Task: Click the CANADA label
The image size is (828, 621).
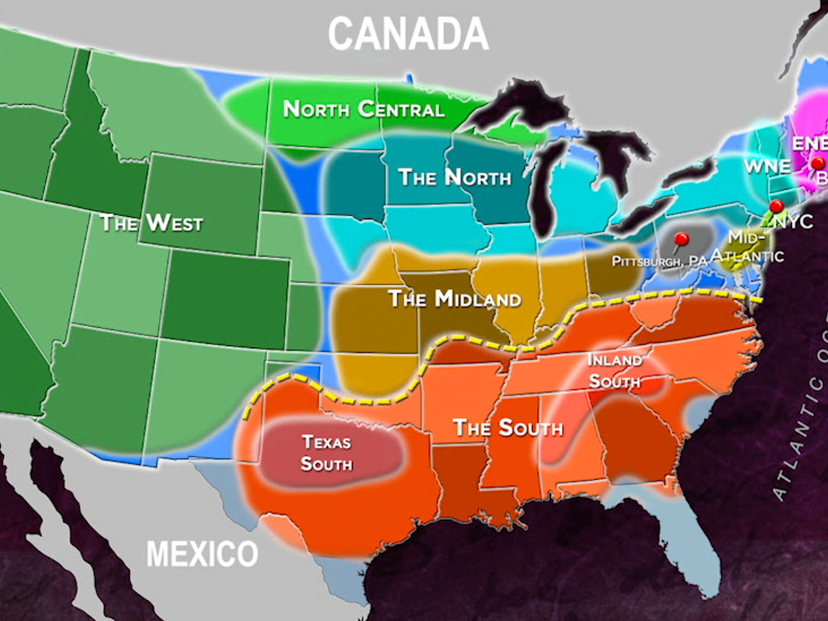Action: pyautogui.click(x=409, y=34)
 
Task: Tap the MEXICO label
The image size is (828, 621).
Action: pyautogui.click(x=202, y=554)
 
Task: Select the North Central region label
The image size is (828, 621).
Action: pyautogui.click(x=364, y=109)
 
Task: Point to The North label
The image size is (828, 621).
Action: pyautogui.click(x=454, y=177)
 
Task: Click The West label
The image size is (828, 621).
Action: pyautogui.click(x=152, y=223)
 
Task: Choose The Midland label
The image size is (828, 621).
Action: pyautogui.click(x=455, y=299)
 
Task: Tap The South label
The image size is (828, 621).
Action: pyautogui.click(x=508, y=428)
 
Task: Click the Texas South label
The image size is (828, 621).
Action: pyautogui.click(x=326, y=453)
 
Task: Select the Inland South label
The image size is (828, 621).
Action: pyautogui.click(x=614, y=371)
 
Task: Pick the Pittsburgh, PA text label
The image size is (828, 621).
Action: pyautogui.click(x=659, y=261)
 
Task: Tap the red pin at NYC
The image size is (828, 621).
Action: pyautogui.click(x=776, y=205)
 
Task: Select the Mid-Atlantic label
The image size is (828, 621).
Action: pyautogui.click(x=747, y=247)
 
